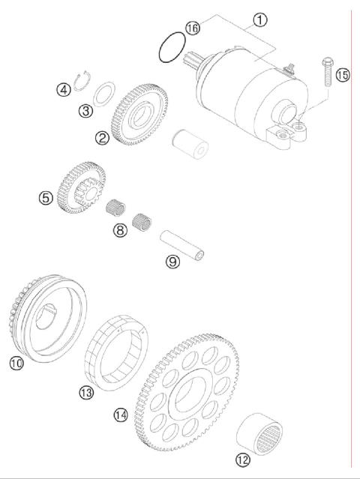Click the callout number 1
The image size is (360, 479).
259,20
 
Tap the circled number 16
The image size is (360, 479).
193,28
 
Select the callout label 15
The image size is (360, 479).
343,74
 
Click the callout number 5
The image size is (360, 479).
46,198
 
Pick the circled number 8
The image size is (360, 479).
120,230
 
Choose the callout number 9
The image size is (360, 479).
172,262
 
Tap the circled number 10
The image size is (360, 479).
16,363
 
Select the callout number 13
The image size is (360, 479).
86,391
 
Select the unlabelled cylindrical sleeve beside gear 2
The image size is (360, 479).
189,143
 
